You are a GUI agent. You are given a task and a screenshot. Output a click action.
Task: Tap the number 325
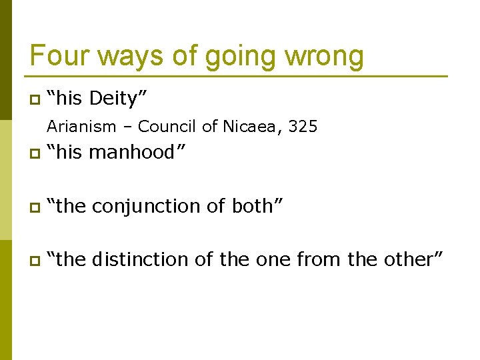point(304,126)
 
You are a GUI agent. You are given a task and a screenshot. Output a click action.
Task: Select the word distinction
point(141,259)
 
